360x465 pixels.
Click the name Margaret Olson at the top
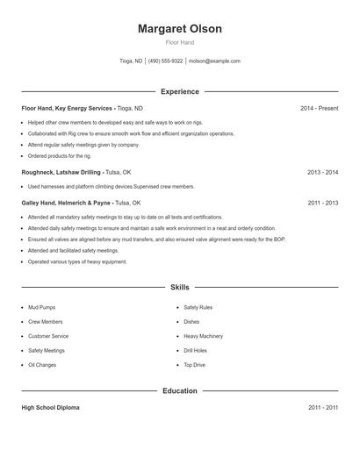[179, 29]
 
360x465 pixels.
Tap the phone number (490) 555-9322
[165, 61]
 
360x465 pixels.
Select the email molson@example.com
[214, 61]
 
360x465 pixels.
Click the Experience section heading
[179, 91]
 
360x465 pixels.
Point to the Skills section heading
[179, 287]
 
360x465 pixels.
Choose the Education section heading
[179, 390]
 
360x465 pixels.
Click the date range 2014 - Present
[319, 108]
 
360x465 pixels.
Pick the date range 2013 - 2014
[322, 173]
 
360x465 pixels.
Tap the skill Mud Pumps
[42, 308]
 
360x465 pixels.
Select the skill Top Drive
[194, 365]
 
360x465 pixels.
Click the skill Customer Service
[48, 336]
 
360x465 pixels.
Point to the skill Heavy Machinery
[203, 336]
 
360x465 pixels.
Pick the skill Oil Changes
[42, 365]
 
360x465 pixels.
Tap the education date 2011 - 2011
[322, 408]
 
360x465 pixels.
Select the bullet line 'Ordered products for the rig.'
[59, 155]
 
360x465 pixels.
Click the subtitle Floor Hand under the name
[179, 42]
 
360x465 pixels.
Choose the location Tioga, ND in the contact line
[131, 61]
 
